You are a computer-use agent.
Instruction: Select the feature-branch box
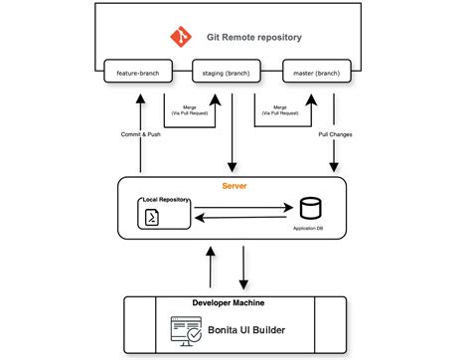tap(139, 73)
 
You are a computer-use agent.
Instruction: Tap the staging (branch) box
tap(227, 73)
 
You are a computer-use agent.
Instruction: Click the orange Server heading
tap(235, 186)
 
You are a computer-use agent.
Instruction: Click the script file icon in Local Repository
tap(152, 218)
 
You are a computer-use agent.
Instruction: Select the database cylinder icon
tap(310, 209)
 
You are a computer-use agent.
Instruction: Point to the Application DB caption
tap(310, 228)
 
